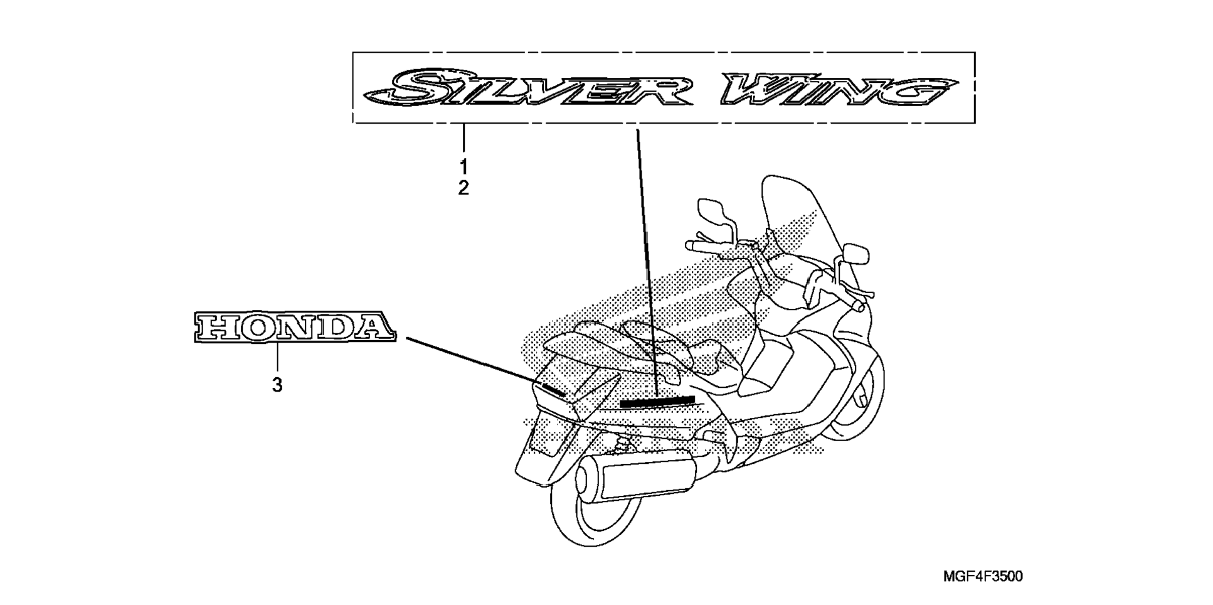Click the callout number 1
(463, 166)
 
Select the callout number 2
(463, 188)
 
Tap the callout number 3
(277, 385)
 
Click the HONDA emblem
(294, 328)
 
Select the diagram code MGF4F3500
(982, 576)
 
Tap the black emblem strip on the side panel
(656, 401)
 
